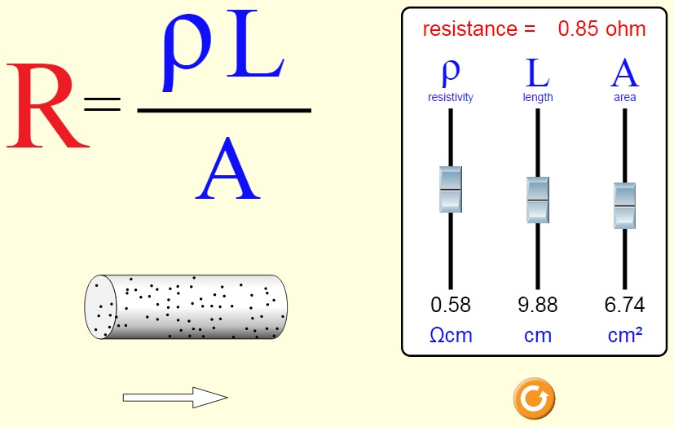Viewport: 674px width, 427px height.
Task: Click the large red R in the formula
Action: click(x=47, y=106)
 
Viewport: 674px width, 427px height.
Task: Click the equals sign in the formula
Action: click(x=103, y=104)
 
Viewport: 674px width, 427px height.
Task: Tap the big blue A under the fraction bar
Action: click(x=227, y=169)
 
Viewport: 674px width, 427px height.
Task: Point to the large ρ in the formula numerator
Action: click(x=187, y=51)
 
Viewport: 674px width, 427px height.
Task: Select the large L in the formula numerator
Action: click(x=255, y=44)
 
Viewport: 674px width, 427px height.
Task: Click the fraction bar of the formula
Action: click(x=224, y=110)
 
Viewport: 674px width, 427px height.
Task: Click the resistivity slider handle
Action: click(x=451, y=189)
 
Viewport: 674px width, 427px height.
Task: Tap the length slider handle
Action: click(x=538, y=200)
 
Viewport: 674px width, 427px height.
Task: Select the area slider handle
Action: click(x=624, y=206)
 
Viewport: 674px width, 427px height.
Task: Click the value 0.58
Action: click(x=451, y=305)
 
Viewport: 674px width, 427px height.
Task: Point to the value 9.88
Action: click(x=538, y=305)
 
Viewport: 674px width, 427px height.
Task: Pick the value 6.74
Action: click(x=624, y=305)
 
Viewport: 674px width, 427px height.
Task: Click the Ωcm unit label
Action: click(x=451, y=335)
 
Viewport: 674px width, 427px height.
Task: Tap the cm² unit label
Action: click(x=625, y=335)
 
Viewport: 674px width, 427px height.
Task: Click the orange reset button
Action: click(x=535, y=398)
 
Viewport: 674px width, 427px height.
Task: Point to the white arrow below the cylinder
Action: click(x=175, y=398)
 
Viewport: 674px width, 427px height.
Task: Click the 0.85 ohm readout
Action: click(x=601, y=29)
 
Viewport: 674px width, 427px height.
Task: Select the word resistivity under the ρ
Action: click(x=451, y=98)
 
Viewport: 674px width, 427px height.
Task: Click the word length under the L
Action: click(x=538, y=98)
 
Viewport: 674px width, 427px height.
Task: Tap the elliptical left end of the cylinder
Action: click(x=101, y=307)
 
